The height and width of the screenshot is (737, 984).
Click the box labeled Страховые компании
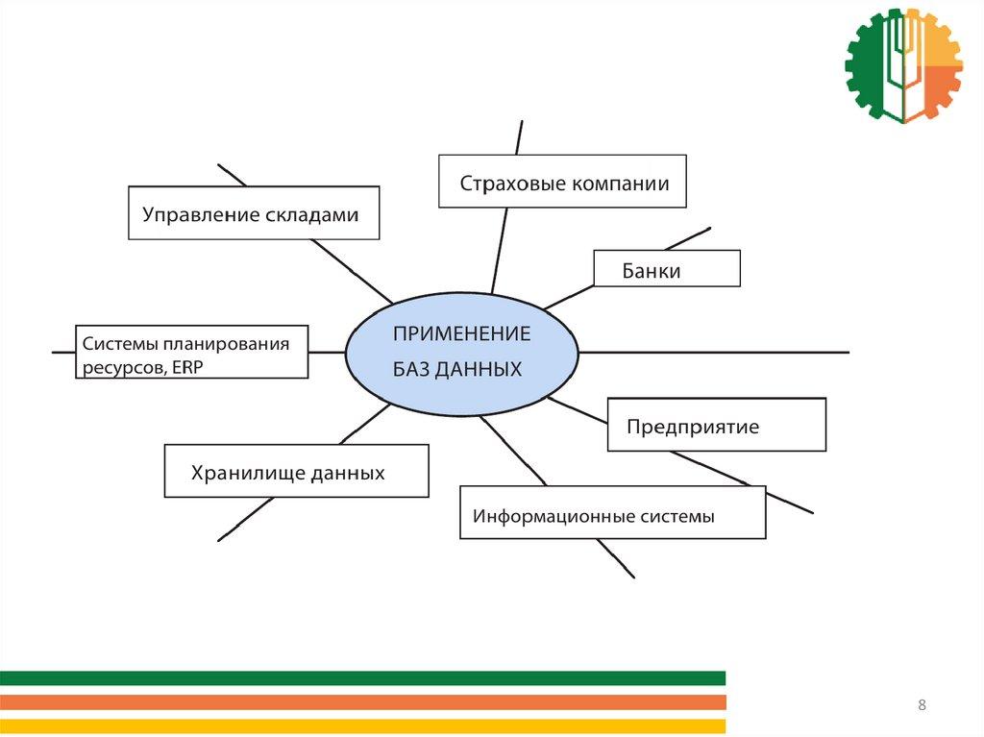point(562,181)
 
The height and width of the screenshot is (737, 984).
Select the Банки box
point(667,269)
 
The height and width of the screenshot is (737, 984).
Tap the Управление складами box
point(254,213)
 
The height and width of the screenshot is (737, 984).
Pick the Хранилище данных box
point(296,471)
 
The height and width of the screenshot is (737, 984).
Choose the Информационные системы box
point(612,512)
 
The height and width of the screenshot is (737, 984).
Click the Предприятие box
point(716,425)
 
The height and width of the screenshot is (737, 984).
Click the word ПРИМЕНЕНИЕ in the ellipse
point(461,334)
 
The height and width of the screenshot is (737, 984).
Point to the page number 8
point(922,706)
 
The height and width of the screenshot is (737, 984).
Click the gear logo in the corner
point(903,65)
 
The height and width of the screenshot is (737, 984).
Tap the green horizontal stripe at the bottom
point(362,678)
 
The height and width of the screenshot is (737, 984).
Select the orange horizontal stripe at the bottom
point(362,702)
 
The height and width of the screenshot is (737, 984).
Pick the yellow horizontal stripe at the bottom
point(362,725)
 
